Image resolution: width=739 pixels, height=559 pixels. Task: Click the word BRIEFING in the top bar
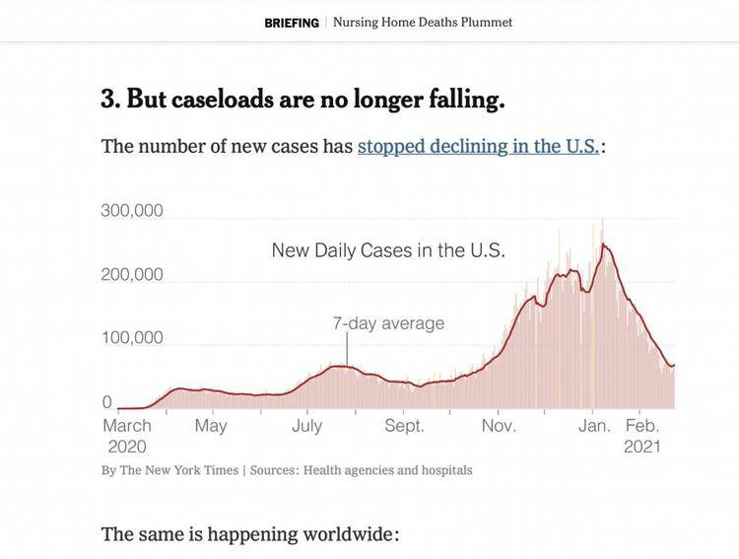pyautogui.click(x=292, y=23)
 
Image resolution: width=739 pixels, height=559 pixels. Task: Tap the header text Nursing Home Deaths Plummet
pyautogui.click(x=423, y=23)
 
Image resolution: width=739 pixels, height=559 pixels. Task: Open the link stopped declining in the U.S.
pyautogui.click(x=478, y=147)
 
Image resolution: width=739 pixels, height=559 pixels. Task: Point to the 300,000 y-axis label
pyautogui.click(x=132, y=211)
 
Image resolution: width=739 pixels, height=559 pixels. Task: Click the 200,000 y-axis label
pyautogui.click(x=132, y=274)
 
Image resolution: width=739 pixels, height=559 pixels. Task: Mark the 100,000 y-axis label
pyautogui.click(x=132, y=338)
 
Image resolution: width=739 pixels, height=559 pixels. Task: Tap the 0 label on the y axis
pyautogui.click(x=107, y=401)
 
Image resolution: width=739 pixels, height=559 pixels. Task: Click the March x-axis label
pyautogui.click(x=127, y=426)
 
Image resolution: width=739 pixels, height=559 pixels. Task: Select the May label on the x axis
pyautogui.click(x=211, y=426)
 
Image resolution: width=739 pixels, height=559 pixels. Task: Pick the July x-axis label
pyautogui.click(x=306, y=426)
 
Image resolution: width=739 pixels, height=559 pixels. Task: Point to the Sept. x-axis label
pyautogui.click(x=404, y=426)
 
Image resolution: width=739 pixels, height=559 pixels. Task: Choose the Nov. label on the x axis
pyautogui.click(x=499, y=426)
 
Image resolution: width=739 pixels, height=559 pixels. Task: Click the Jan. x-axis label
pyautogui.click(x=594, y=426)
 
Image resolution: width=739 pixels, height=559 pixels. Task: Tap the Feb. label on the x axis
pyautogui.click(x=642, y=426)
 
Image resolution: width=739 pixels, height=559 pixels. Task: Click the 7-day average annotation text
pyautogui.click(x=388, y=323)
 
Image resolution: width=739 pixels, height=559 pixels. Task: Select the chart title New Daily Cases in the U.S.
pyautogui.click(x=388, y=250)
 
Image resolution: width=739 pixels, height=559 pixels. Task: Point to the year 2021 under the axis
pyautogui.click(x=642, y=447)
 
